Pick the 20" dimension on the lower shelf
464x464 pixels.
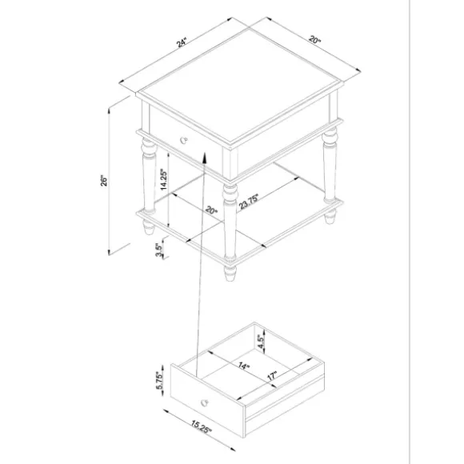pyautogui.click(x=210, y=213)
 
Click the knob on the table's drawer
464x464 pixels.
pyautogui.click(x=184, y=139)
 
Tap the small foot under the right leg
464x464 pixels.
pyautogui.click(x=330, y=218)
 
